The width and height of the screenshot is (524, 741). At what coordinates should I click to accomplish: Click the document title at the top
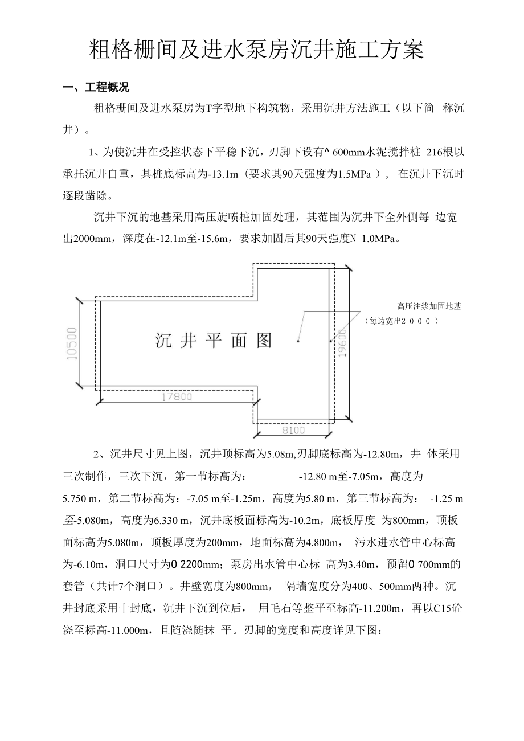[x=257, y=50]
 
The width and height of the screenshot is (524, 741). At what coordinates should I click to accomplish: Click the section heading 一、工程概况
[x=96, y=88]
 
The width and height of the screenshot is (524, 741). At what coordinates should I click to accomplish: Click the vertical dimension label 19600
[x=341, y=342]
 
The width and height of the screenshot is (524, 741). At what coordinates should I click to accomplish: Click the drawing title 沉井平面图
[x=214, y=340]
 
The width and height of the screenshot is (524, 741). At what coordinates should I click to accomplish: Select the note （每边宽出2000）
[x=403, y=321]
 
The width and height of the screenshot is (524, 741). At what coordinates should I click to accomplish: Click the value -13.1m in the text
[x=209, y=174]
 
